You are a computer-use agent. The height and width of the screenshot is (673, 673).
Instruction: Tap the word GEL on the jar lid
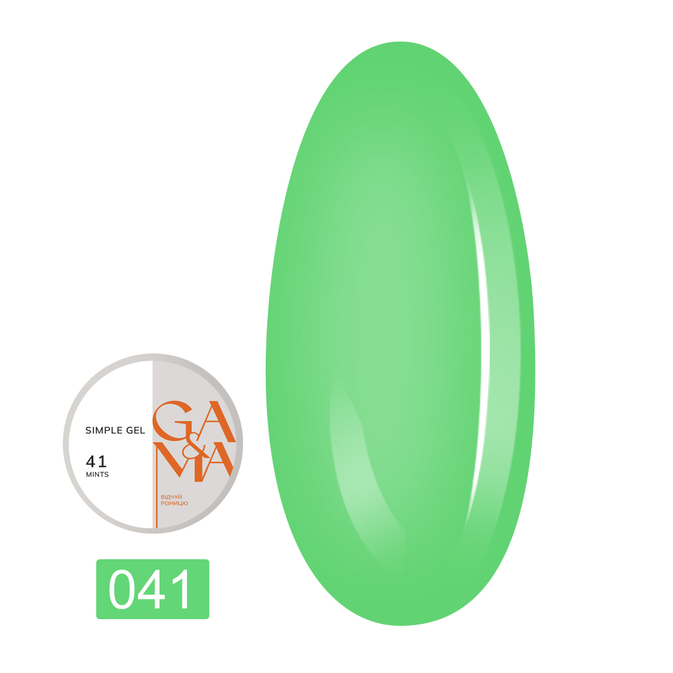135,430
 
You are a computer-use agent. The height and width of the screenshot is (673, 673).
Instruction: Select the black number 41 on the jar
96,462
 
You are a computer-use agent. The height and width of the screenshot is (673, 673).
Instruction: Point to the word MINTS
97,474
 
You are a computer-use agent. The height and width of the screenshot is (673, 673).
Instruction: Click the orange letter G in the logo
174,421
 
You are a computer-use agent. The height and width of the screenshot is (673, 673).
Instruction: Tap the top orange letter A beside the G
215,421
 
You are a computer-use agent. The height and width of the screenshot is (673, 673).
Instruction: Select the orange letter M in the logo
176,464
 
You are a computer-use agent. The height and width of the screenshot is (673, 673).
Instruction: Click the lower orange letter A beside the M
217,464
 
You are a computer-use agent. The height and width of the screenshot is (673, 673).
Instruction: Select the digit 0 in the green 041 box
124,590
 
